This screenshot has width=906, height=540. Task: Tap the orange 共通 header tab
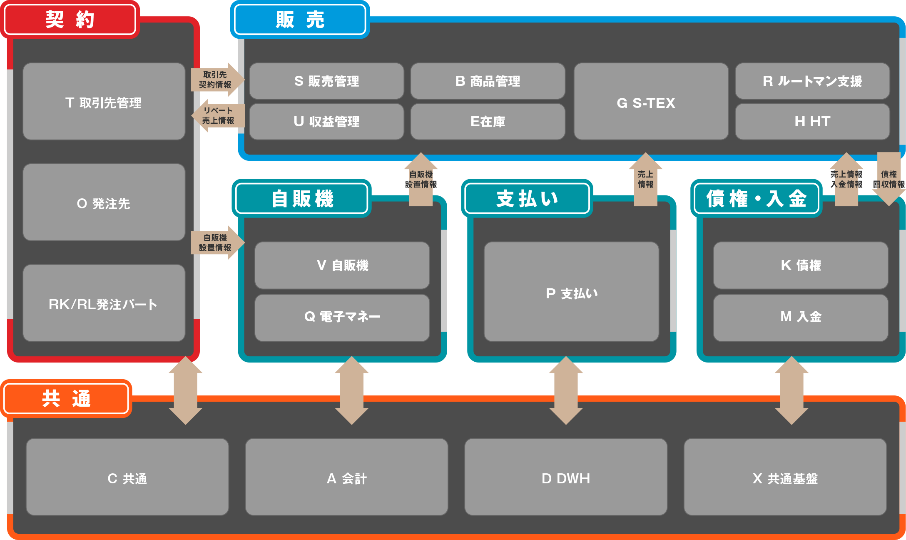click(66, 399)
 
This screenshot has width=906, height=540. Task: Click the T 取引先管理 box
click(104, 102)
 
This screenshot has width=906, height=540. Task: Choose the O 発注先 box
click(104, 202)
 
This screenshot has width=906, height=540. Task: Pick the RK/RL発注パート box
click(104, 303)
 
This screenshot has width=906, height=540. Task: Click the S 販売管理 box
click(326, 81)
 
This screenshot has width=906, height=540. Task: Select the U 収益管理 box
click(326, 122)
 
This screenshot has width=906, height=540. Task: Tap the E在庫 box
click(488, 122)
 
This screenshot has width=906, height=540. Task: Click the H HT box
click(812, 122)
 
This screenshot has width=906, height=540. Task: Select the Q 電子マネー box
click(342, 317)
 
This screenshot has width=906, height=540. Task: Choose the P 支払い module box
click(571, 292)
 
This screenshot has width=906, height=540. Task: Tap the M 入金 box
click(800, 317)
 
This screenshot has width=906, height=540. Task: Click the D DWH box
click(566, 477)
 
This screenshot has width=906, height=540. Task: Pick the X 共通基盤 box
click(785, 477)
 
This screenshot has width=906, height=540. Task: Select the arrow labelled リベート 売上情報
click(218, 115)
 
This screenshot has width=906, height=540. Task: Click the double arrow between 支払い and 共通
click(566, 390)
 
